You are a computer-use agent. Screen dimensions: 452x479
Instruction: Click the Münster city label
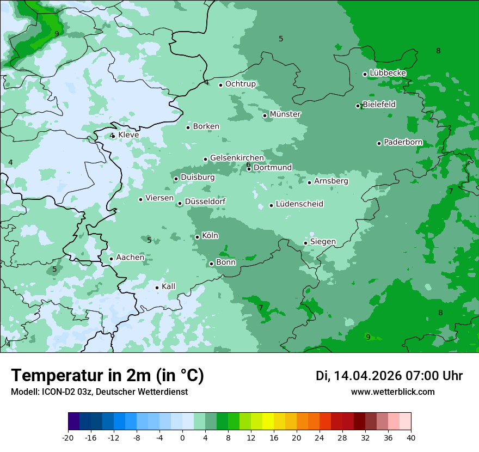(285, 114)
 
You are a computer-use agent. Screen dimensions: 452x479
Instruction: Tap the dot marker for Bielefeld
(358, 106)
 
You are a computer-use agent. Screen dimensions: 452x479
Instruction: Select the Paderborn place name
(403, 143)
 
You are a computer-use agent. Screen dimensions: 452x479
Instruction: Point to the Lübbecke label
(388, 73)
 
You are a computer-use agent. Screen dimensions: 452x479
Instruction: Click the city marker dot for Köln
(198, 237)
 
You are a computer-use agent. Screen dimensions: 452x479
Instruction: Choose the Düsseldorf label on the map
(205, 202)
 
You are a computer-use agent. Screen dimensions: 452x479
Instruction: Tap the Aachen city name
(130, 258)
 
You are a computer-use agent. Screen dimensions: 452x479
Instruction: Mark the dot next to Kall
(157, 288)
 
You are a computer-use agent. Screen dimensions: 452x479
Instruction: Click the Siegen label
(323, 242)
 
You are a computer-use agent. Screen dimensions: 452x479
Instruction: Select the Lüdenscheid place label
(299, 204)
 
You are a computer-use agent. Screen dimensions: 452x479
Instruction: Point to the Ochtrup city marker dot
(221, 85)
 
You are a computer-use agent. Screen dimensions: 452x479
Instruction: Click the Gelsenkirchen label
(237, 158)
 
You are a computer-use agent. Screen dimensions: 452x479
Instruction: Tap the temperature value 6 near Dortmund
(248, 164)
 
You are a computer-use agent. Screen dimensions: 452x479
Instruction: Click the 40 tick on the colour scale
(411, 437)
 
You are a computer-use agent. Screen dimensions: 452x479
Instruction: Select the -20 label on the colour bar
(68, 437)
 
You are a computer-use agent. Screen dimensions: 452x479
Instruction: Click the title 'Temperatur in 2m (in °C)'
(107, 376)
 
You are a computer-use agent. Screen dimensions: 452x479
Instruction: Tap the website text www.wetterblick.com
(392, 392)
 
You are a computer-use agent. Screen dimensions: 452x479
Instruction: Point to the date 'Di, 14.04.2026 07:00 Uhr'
(389, 376)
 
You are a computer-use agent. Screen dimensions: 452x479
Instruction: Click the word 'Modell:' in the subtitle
(24, 392)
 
